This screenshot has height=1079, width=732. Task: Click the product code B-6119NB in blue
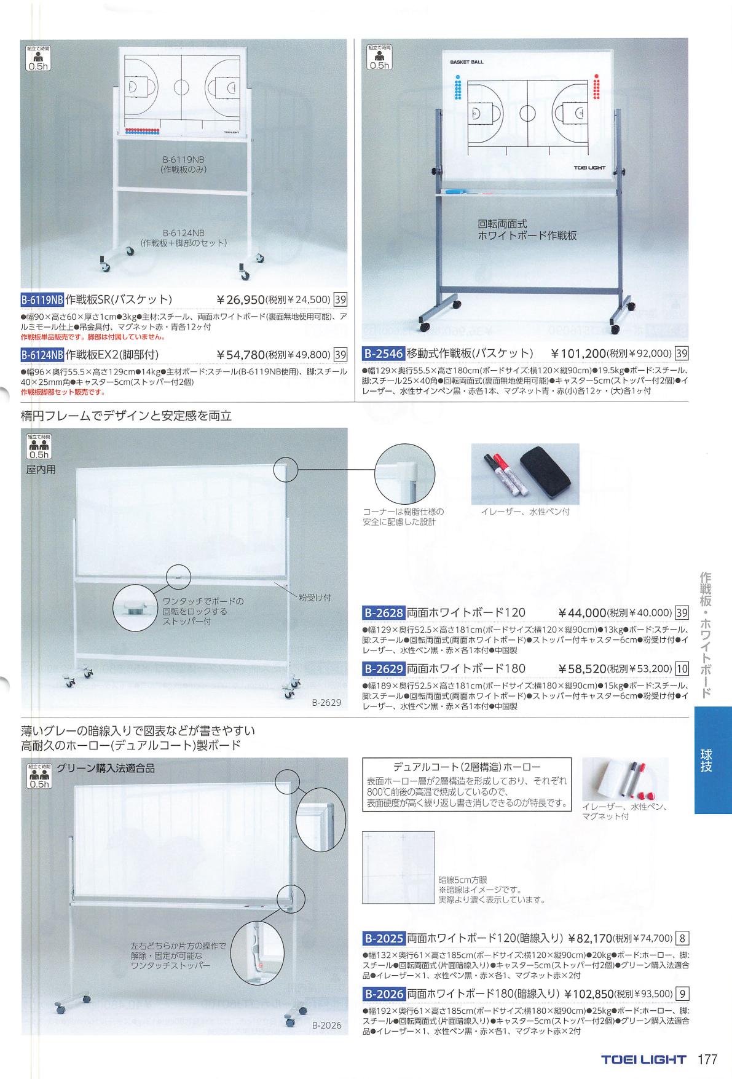pyautogui.click(x=42, y=300)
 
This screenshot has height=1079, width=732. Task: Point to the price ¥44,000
pyautogui.click(x=583, y=612)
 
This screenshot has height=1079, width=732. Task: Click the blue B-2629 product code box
pyautogui.click(x=383, y=668)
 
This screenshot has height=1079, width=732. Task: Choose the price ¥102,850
pyautogui.click(x=588, y=993)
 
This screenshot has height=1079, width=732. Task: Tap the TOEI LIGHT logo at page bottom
pyautogui.click(x=643, y=1059)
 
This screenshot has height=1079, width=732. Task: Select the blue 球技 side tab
pyautogui.click(x=713, y=759)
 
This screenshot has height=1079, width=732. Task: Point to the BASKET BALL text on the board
pyautogui.click(x=466, y=62)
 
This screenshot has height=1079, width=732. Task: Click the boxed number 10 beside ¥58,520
pyautogui.click(x=682, y=668)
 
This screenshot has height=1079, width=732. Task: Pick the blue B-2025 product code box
pyautogui.click(x=383, y=938)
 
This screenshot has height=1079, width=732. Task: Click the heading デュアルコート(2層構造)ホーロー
pyautogui.click(x=466, y=767)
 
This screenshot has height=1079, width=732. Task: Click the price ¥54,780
pyautogui.click(x=241, y=354)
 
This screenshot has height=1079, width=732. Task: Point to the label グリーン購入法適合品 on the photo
pyautogui.click(x=105, y=768)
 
